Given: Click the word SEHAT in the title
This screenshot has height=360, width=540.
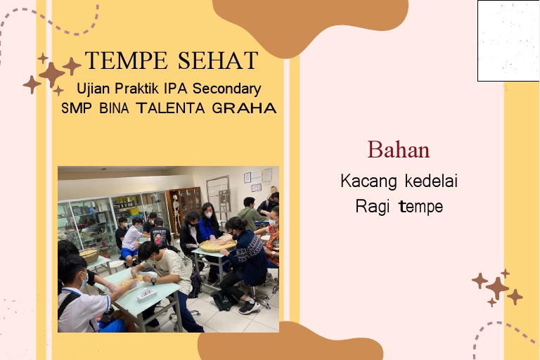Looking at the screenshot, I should [217, 61].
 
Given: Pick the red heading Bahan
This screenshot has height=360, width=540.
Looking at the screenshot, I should [398, 150].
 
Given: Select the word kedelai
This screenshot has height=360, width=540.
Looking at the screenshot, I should [431, 181].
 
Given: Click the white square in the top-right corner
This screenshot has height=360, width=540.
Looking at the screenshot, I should [508, 40].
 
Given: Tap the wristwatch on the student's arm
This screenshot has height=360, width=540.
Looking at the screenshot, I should [153, 281].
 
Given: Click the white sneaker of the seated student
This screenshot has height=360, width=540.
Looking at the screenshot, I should [248, 307].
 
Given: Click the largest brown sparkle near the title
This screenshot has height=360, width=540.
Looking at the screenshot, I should [52, 74].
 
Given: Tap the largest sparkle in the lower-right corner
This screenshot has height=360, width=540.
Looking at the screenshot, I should [497, 287].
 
